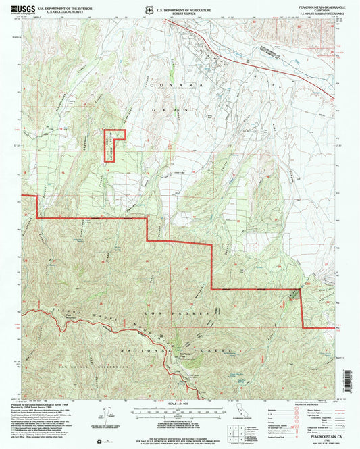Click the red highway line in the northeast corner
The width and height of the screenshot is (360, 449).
point(270,61)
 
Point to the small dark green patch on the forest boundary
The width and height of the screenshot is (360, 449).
point(292,295)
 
